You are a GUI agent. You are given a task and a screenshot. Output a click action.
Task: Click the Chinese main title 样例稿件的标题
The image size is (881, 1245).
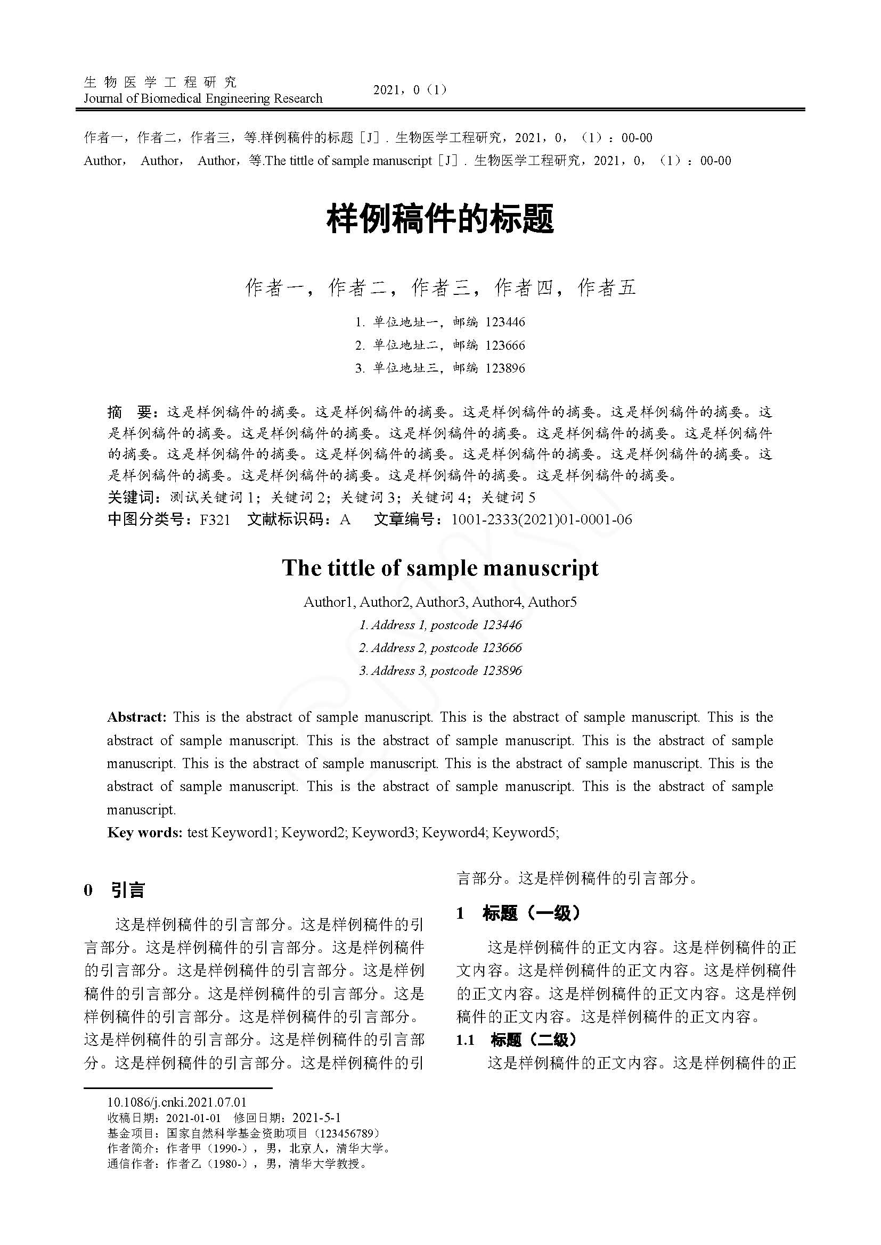[440, 220]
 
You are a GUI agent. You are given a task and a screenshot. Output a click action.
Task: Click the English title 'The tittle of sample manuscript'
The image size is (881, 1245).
[440, 568]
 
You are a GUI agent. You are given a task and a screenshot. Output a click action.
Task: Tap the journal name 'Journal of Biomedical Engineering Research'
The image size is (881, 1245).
[203, 98]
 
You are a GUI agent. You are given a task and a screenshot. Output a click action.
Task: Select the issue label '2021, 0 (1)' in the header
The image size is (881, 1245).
[411, 90]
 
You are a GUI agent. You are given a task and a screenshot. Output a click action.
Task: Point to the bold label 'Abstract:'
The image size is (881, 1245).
[137, 718]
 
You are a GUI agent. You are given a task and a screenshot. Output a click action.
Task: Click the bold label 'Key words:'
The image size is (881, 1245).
[145, 832]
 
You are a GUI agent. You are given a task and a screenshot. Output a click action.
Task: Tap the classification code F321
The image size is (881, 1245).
[215, 520]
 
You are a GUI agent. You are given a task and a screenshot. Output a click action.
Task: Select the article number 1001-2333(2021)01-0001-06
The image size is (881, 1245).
[541, 520]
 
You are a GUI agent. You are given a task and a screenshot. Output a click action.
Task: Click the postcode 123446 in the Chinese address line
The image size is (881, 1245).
[505, 322]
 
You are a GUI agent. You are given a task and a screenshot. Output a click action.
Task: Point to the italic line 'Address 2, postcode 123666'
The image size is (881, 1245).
[440, 647]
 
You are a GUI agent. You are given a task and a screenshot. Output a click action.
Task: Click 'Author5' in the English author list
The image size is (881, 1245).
[552, 602]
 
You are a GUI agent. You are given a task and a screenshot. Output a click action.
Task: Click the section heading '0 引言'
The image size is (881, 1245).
[115, 891]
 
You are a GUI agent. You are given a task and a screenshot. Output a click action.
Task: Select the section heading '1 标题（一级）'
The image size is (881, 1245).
[519, 913]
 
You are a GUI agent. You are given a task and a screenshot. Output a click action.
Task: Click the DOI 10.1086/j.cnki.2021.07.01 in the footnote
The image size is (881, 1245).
[177, 1102]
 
